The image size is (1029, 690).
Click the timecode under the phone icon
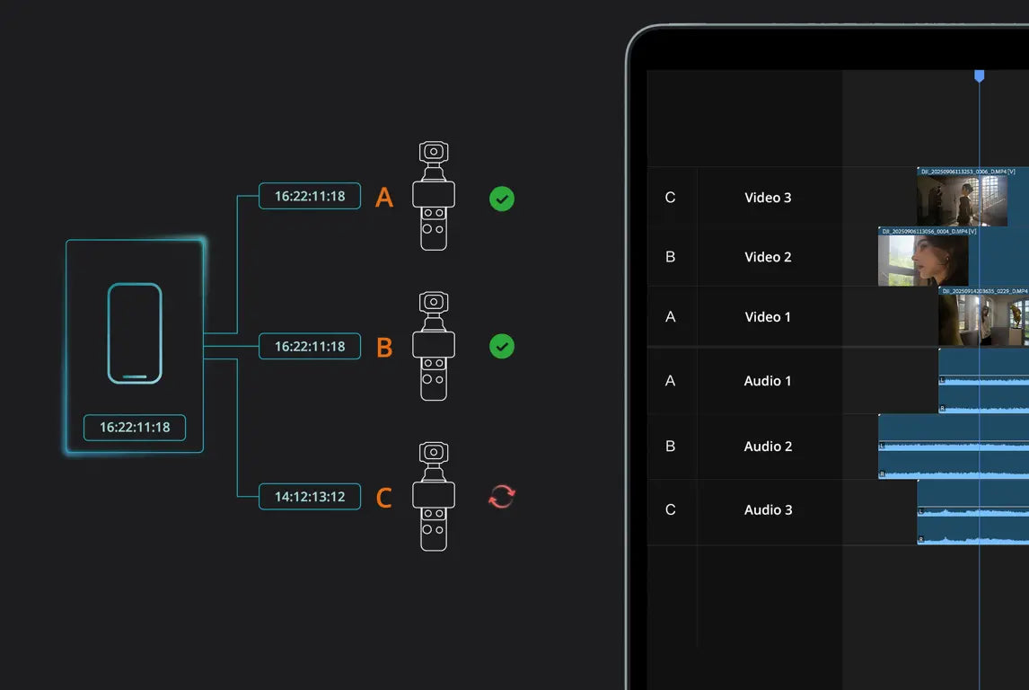tap(135, 428)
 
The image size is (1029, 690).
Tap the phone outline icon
tap(135, 333)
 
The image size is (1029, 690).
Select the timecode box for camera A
tap(310, 196)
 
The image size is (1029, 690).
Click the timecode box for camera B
tap(310, 346)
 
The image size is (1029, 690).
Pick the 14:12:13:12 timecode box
tap(310, 496)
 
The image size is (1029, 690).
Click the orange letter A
tap(384, 198)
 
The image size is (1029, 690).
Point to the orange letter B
tap(384, 348)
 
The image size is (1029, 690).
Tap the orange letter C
tap(384, 498)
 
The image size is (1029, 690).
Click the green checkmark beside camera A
tap(502, 199)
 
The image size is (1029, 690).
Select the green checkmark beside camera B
tap(502, 346)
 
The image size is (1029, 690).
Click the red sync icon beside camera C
tap(501, 496)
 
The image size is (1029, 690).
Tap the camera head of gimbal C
tap(434, 453)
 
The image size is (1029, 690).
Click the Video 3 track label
tap(768, 198)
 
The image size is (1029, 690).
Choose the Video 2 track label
tap(768, 257)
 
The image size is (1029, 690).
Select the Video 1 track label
tap(768, 317)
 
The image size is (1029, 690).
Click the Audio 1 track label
tap(768, 381)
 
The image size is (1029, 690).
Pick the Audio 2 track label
tap(768, 447)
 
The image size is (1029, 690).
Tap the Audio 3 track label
tap(768, 510)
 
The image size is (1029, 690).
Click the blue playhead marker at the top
tap(980, 76)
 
